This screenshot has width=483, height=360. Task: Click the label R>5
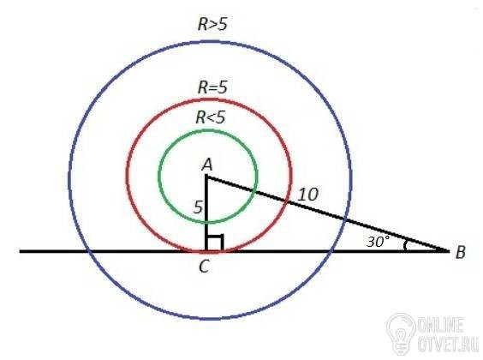[x=212, y=24]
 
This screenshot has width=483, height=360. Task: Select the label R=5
[x=212, y=87]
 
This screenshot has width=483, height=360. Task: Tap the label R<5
[x=211, y=117]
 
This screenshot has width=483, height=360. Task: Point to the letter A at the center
[x=207, y=165]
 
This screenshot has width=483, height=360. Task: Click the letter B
[x=460, y=253]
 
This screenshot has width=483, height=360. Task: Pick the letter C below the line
[x=205, y=267]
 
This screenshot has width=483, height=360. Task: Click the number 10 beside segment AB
[x=308, y=195]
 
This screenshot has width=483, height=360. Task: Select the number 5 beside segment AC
[x=198, y=207]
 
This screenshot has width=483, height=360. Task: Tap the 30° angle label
[x=378, y=242]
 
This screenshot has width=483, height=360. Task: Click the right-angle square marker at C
[x=215, y=243]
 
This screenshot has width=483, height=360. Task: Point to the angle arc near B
[x=405, y=245]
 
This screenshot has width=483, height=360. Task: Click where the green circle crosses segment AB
[x=253, y=191]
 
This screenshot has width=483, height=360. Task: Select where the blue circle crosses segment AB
[x=345, y=219]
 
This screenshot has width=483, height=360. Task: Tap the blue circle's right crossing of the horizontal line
[x=331, y=251]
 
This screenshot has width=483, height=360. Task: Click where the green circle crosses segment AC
[x=206, y=222]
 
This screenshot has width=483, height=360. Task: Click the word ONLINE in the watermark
[x=440, y=325]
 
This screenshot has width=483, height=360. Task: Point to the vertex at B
[x=449, y=251]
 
